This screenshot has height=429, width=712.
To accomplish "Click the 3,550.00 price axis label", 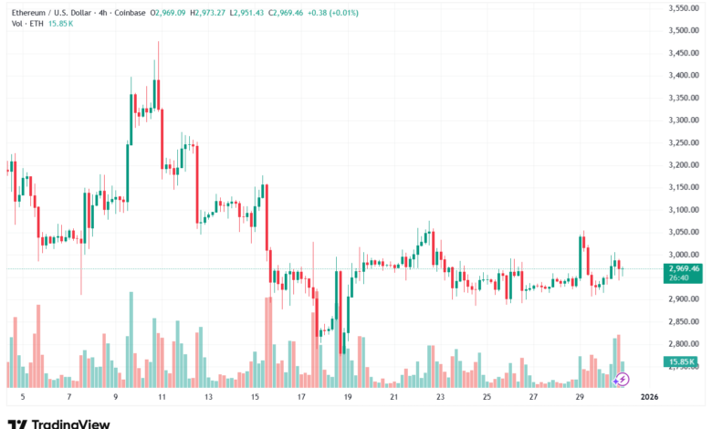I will click(684, 8).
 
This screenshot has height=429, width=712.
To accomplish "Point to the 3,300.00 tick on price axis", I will click(684, 120).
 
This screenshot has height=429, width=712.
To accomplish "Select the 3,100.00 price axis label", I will click(684, 210).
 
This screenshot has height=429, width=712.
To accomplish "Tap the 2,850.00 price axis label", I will click(684, 321).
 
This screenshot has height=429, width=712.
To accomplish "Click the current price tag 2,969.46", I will click(684, 268).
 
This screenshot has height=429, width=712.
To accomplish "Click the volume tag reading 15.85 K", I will click(684, 362).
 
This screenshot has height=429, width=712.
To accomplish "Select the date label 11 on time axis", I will click(161, 398).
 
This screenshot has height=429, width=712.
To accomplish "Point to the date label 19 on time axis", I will click(347, 398).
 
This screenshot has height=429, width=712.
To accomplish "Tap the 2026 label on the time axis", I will click(650, 398).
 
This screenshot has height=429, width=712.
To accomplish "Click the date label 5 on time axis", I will click(23, 398).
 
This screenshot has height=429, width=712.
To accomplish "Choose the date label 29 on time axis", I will click(580, 398).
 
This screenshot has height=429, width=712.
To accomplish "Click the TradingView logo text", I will click(70, 424).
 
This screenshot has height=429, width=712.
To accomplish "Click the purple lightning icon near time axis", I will click(623, 378).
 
